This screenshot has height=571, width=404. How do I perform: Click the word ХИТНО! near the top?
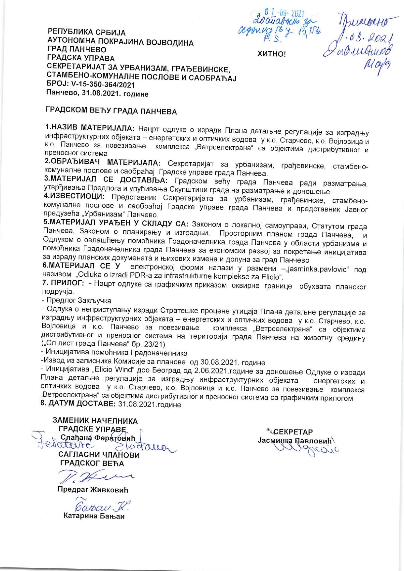(271, 54)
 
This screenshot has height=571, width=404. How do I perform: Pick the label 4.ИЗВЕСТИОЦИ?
(74, 197)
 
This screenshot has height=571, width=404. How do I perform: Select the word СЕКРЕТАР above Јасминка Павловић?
(293, 432)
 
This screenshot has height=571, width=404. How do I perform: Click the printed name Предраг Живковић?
(93, 490)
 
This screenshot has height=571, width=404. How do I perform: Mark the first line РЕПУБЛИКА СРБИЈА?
(87, 33)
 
